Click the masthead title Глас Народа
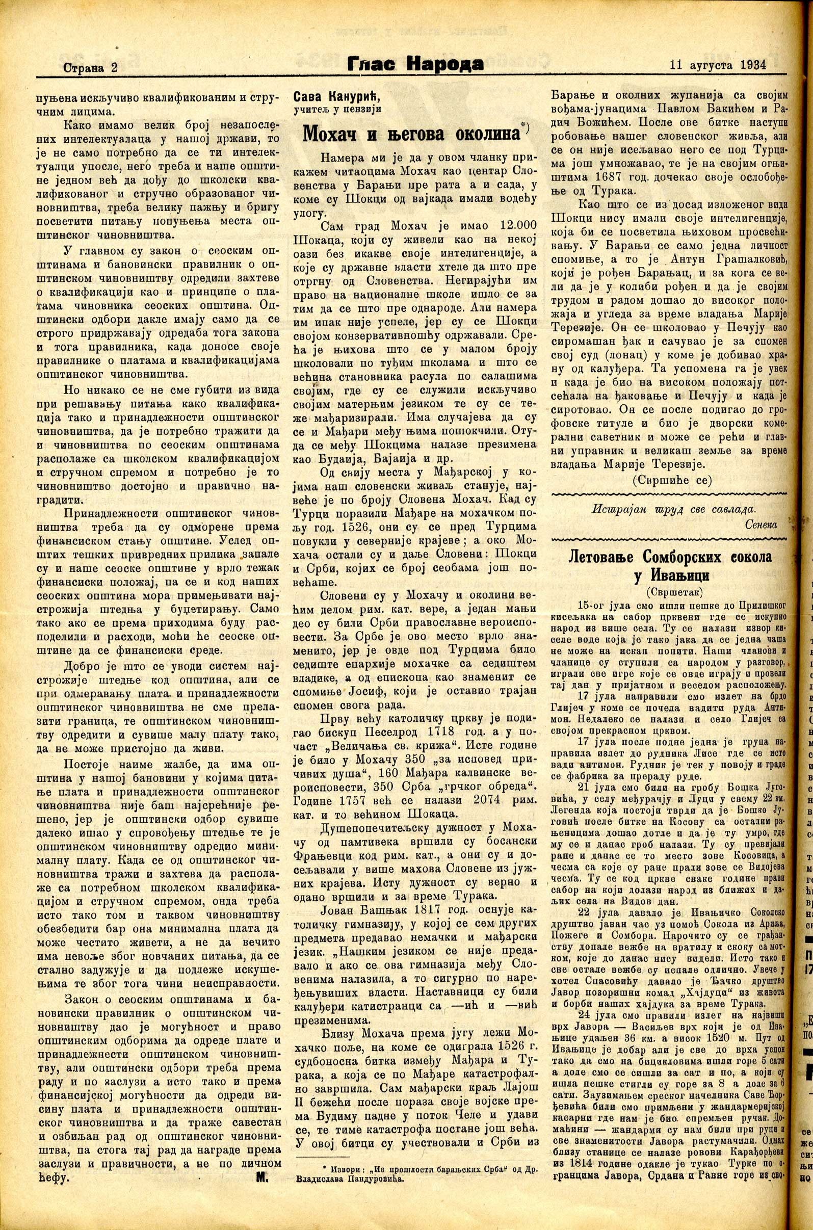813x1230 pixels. (x=415, y=64)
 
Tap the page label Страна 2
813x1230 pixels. (x=90, y=67)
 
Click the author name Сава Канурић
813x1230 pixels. (x=336, y=97)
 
